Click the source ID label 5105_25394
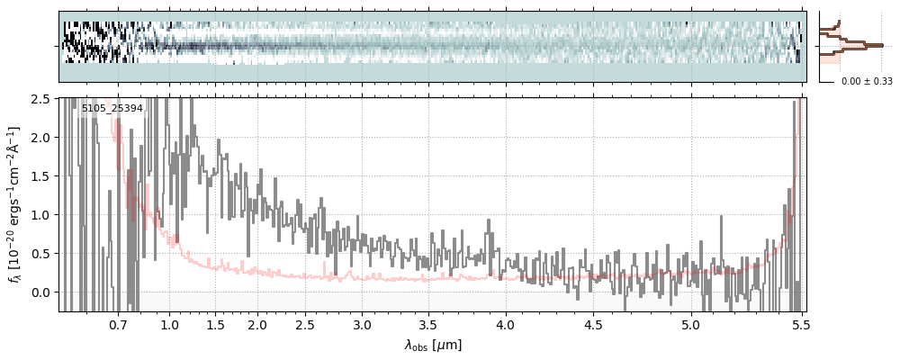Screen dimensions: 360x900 click(x=112, y=109)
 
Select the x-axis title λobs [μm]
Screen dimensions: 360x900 click(x=433, y=344)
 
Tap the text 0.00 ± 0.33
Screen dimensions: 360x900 click(x=867, y=81)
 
